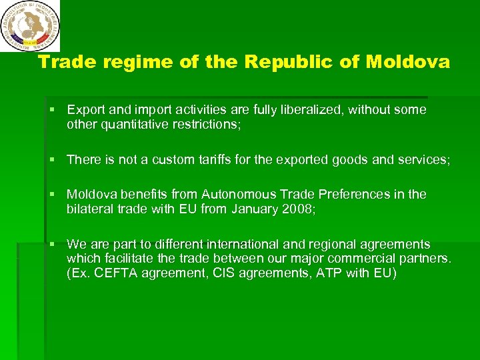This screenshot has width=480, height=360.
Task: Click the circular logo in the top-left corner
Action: tap(29, 26)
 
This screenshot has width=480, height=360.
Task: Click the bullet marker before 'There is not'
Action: tap(57, 159)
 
